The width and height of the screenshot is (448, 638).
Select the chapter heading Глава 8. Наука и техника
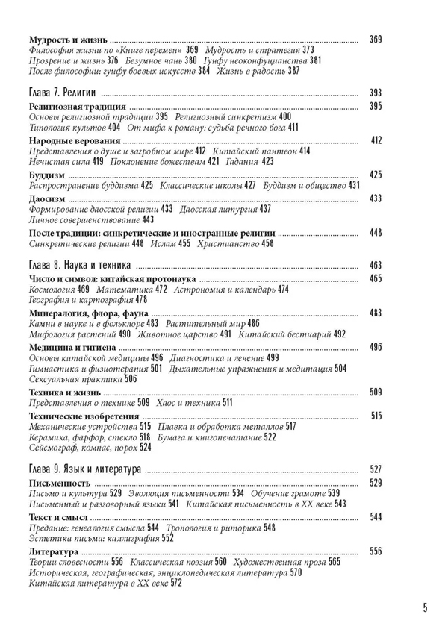(78, 265)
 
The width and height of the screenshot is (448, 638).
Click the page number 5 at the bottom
(424, 606)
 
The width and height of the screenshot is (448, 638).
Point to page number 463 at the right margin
(376, 265)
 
